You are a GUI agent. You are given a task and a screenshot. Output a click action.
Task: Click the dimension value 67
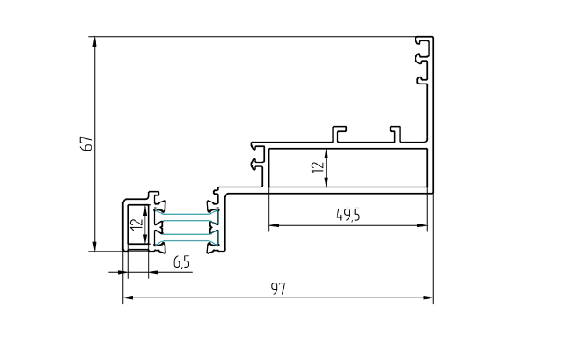pos(88,143)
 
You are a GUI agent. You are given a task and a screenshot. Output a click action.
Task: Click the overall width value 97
pos(278,289)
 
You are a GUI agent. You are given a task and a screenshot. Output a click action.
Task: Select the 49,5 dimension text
pos(349,216)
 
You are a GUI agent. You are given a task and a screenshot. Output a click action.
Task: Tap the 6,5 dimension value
pos(181,262)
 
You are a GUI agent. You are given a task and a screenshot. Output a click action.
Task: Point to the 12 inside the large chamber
pos(318,167)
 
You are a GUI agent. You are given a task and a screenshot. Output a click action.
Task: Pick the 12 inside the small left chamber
pos(136,224)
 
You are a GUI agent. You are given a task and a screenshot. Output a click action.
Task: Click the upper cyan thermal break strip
pos(187,217)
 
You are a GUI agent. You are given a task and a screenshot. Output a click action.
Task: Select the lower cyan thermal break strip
pos(187,238)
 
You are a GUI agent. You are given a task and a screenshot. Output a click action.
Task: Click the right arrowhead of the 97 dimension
pos(428,298)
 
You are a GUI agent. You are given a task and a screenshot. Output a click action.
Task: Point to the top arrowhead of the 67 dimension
pos(94,42)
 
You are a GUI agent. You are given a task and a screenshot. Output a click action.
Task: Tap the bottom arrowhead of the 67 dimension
pos(94,246)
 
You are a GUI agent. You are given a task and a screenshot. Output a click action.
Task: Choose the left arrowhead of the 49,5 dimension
pos(275,225)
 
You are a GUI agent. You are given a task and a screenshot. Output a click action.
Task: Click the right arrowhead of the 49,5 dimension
pos(422,225)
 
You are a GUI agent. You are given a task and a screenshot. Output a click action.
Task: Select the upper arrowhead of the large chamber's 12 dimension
pos(327,154)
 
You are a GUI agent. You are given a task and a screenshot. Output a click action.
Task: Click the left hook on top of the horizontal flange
pos(339,134)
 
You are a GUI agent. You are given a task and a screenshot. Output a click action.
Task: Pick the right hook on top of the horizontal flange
pos(395,134)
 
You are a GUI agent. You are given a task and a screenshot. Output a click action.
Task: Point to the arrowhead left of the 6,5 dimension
pos(118,272)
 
